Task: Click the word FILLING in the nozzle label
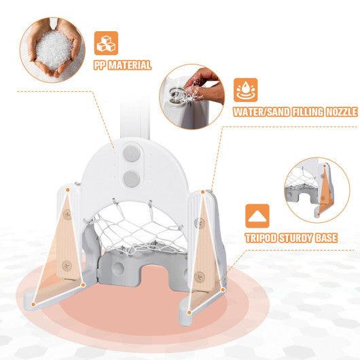[x=297, y=112]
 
